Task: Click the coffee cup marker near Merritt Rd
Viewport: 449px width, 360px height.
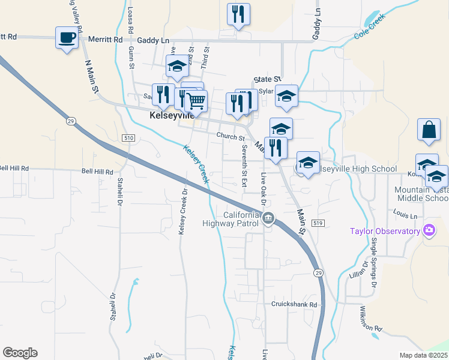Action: (x=67, y=38)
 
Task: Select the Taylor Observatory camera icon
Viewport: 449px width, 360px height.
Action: (x=429, y=230)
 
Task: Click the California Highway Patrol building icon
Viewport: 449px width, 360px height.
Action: (x=268, y=218)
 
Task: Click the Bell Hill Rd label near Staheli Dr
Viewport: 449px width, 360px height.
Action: (x=97, y=172)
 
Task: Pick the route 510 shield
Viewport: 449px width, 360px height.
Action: (x=127, y=138)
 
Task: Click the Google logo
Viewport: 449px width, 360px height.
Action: (x=20, y=352)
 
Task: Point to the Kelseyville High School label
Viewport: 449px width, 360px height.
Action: (x=358, y=169)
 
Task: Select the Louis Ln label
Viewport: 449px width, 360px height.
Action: (x=405, y=214)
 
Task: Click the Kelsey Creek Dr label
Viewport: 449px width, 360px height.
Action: (x=184, y=212)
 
